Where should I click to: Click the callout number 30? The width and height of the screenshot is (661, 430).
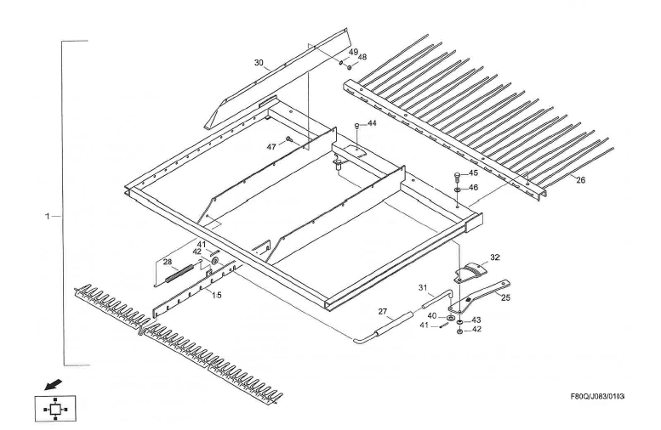[x=259, y=62]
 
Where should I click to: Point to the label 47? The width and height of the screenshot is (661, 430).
[x=272, y=147]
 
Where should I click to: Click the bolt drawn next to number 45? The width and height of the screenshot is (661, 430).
[x=458, y=176]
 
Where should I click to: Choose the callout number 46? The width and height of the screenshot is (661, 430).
[x=474, y=187]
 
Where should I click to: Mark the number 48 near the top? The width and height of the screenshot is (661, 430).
[x=362, y=57]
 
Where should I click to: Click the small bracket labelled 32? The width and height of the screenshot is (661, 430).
[x=468, y=271]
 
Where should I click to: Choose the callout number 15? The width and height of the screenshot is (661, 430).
[x=217, y=294]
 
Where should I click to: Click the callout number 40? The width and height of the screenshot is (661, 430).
[x=432, y=316]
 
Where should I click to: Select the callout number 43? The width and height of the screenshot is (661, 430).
[x=477, y=320]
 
